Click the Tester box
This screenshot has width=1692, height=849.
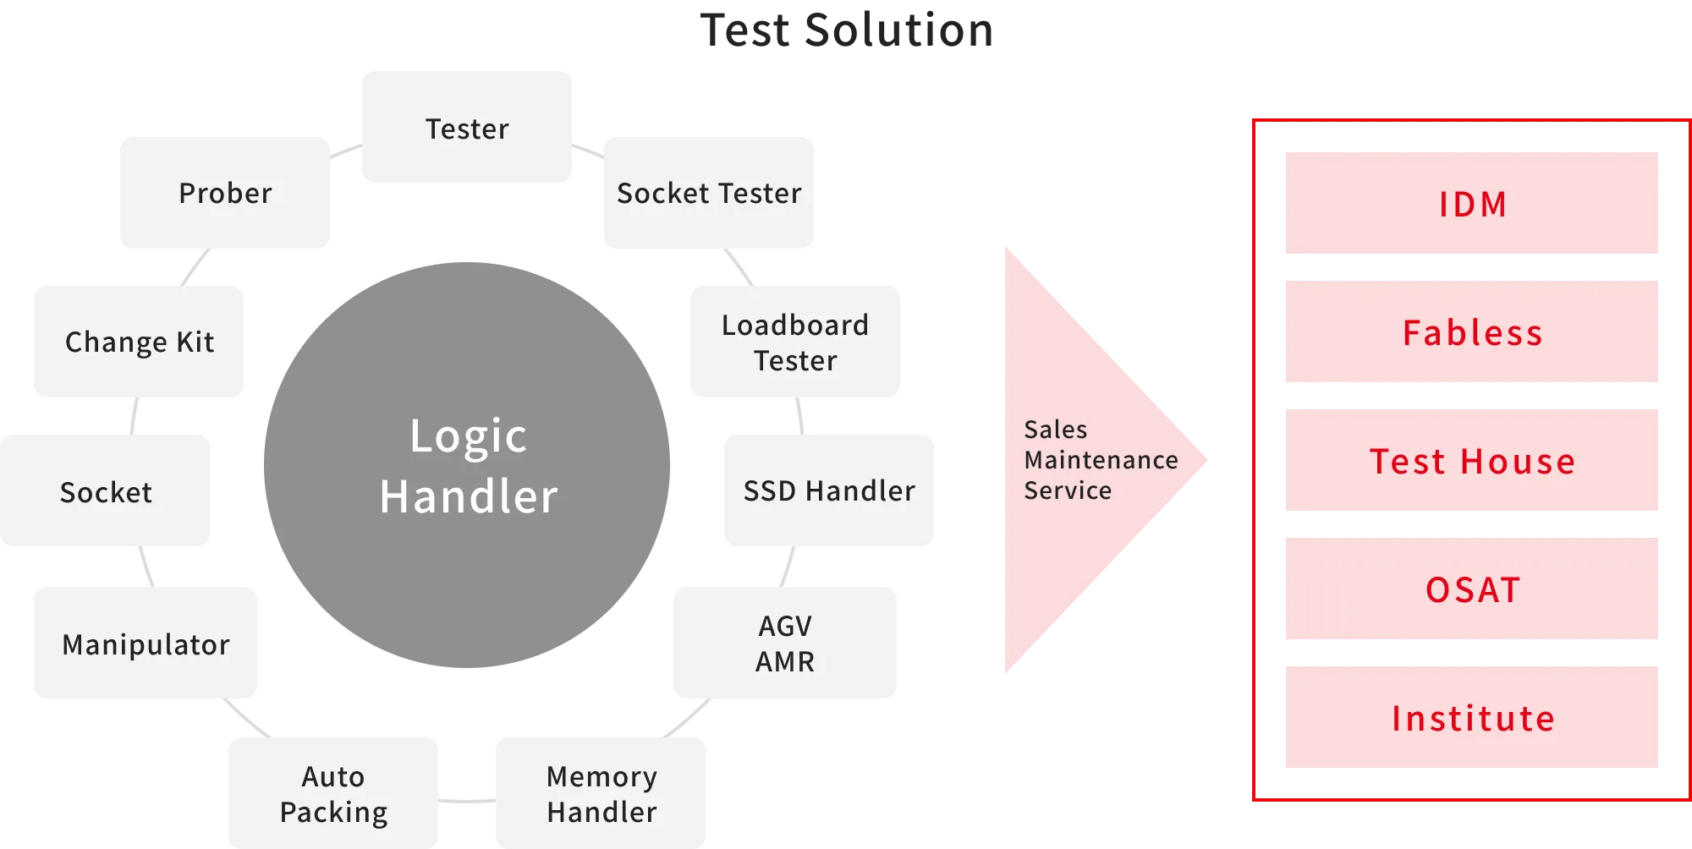pos(467,126)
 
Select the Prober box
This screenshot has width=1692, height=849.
pos(223,193)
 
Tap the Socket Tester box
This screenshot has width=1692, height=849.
pos(710,193)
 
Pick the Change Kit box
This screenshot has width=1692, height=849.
pos(139,342)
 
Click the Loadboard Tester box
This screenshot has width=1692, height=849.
pos(794,342)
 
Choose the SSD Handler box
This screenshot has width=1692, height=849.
pos(828,490)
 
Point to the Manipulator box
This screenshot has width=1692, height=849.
pos(146,643)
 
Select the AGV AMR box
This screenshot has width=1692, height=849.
pos(784,643)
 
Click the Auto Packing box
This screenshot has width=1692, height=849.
pos(332,793)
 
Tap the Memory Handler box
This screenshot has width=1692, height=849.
pos(602,793)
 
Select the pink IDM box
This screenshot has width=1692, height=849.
pos(1471,204)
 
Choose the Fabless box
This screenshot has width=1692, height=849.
pos(1471,332)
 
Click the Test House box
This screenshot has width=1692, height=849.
pos(1471,461)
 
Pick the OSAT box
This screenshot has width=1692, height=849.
pos(1471,589)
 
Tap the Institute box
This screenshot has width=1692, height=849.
pos(1471,718)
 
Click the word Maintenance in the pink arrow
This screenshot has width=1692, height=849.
pos(1101,460)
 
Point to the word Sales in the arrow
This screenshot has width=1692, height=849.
pos(1055,430)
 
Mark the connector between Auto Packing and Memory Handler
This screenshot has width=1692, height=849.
pos(467,800)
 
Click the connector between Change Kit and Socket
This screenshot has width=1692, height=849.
pos(135,415)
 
